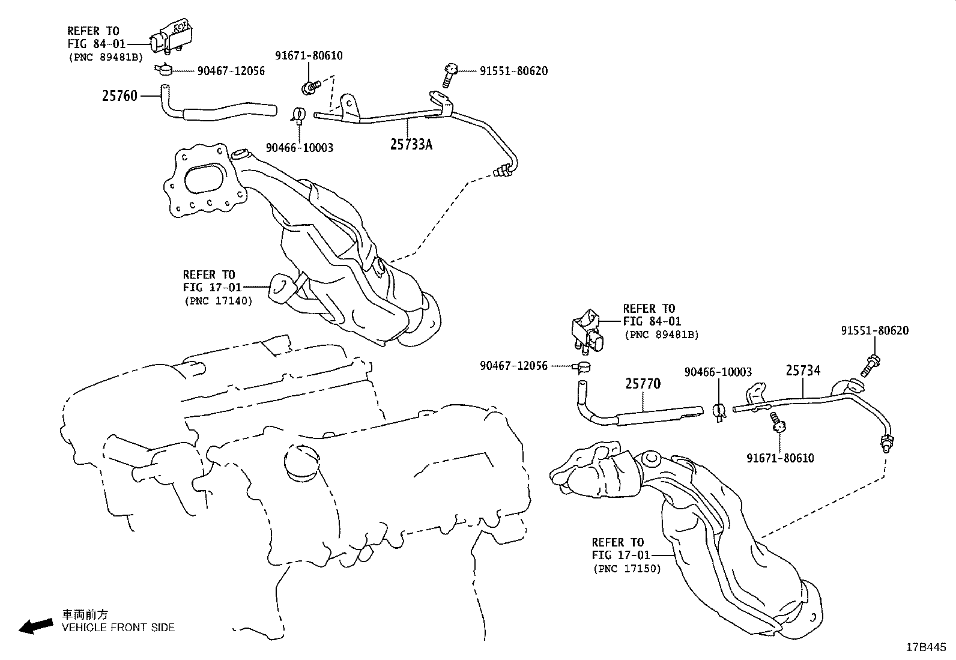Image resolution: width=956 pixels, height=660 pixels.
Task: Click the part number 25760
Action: (x=119, y=95)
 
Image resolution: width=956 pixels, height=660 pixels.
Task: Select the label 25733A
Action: (x=411, y=144)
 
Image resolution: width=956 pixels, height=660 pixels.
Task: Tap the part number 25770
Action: (x=643, y=383)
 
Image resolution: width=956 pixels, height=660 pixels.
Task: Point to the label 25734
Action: (x=803, y=371)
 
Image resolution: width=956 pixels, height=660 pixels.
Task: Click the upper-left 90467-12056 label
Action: (x=231, y=71)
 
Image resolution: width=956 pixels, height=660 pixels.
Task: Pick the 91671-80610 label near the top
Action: (x=309, y=55)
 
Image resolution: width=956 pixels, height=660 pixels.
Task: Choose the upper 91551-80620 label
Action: (x=513, y=71)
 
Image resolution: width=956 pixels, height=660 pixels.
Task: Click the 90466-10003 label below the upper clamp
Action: (x=299, y=148)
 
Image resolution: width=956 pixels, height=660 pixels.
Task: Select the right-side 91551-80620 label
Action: (x=874, y=330)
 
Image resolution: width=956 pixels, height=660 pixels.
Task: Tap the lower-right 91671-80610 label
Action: (x=780, y=458)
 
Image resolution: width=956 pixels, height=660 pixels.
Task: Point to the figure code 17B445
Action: (x=926, y=647)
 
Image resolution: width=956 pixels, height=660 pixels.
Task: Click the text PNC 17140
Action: (x=218, y=301)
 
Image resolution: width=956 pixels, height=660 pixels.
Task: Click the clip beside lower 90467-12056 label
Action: (x=582, y=366)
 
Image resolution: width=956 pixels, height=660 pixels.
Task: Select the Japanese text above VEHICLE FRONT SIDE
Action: (x=85, y=614)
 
